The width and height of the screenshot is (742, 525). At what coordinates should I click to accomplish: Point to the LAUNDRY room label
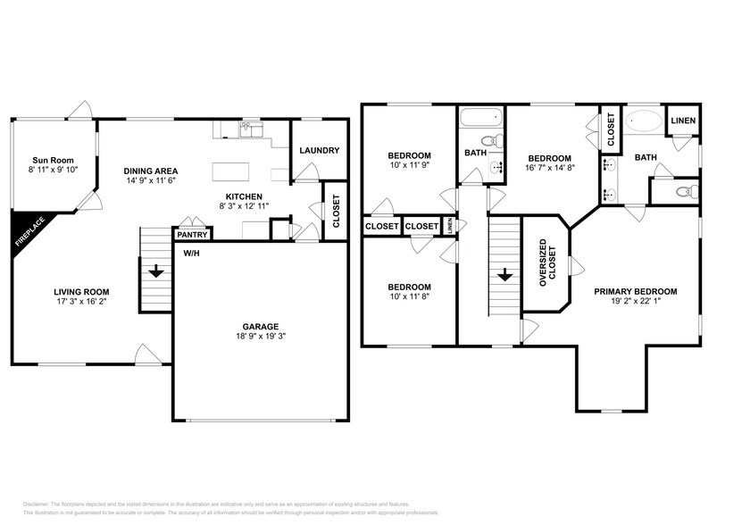click(319, 151)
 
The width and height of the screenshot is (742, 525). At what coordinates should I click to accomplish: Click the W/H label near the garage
click(191, 254)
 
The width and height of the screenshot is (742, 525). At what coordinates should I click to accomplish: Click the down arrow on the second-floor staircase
click(504, 276)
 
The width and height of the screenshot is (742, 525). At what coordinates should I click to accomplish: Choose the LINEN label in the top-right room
click(683, 121)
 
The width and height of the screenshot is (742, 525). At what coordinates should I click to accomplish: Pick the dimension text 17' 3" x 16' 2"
click(80, 302)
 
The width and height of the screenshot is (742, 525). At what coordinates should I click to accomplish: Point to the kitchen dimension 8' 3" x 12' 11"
click(244, 206)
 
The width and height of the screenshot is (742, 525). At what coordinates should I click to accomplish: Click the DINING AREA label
click(151, 171)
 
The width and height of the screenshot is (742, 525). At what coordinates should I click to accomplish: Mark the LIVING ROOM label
click(80, 291)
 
